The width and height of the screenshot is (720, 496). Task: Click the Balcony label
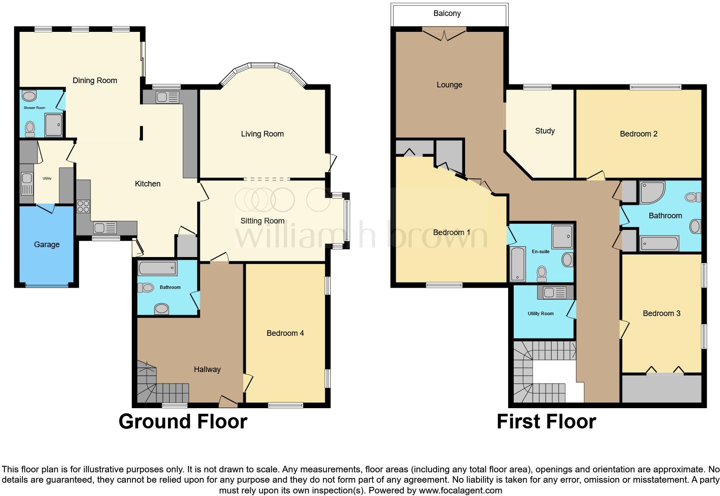(x=447, y=13)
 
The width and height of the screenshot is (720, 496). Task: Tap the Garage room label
(x=47, y=245)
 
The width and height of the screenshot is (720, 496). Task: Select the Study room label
(x=545, y=131)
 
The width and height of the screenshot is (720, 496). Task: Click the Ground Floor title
(x=183, y=422)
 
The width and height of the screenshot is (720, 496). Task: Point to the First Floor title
(x=546, y=422)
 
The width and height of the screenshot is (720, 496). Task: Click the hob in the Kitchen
(x=83, y=206)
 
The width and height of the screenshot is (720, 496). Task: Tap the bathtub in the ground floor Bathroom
(x=157, y=268)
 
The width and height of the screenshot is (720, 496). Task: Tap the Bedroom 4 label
(x=285, y=333)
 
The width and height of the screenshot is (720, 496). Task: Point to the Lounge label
(x=449, y=85)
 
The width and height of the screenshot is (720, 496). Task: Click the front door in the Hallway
(x=228, y=402)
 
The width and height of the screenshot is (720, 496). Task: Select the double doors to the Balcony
(x=444, y=34)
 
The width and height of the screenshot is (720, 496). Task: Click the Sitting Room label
(x=262, y=221)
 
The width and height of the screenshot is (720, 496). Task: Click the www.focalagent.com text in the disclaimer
(x=460, y=490)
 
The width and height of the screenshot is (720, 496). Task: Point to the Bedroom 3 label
(x=661, y=313)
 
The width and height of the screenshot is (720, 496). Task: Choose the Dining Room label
(x=95, y=81)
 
